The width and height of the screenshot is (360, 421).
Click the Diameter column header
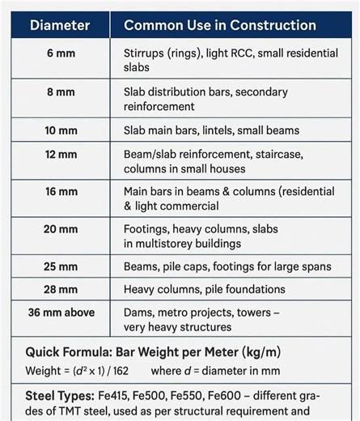point(60,24)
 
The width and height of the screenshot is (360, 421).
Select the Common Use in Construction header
point(219,24)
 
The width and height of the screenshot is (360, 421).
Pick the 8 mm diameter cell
point(61,91)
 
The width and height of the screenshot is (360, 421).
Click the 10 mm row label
point(61,130)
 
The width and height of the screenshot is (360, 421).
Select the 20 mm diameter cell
point(61,229)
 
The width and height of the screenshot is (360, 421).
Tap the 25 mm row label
point(61,266)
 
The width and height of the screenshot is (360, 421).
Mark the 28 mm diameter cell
point(61,288)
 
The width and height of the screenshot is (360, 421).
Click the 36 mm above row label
point(61,312)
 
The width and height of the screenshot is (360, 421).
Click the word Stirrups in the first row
point(143,54)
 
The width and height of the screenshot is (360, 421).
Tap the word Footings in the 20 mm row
point(146,229)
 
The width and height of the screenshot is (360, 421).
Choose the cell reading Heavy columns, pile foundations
point(205,289)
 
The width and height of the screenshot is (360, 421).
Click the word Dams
point(139,313)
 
